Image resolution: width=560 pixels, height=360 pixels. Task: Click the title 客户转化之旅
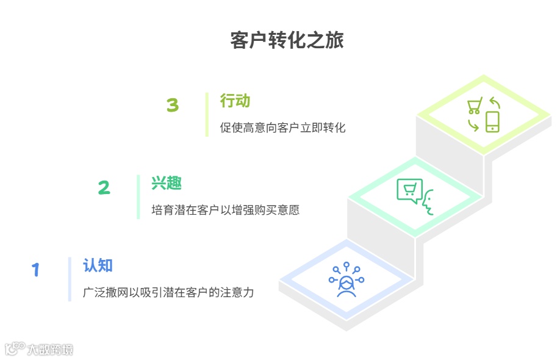(287, 40)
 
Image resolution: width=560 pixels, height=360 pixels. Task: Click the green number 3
(173, 106)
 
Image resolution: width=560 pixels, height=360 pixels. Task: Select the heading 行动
(235, 101)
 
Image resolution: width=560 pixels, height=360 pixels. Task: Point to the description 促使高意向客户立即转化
(282, 128)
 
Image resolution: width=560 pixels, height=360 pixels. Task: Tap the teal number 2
(104, 188)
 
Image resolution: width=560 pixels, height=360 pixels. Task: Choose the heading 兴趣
(167, 183)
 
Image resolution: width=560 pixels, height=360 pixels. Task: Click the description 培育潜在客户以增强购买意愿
(225, 211)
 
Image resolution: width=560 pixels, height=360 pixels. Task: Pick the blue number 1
(35, 270)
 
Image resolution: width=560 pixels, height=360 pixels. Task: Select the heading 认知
(98, 265)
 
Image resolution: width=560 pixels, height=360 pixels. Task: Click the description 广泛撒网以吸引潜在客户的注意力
(168, 293)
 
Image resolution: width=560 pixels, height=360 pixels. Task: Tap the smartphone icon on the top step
(492, 121)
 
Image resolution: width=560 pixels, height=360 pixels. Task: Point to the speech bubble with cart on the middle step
(409, 190)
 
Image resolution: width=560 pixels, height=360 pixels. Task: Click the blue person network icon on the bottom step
(346, 280)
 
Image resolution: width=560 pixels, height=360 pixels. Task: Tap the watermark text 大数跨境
(49, 350)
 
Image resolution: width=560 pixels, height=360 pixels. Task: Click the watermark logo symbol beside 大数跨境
(14, 348)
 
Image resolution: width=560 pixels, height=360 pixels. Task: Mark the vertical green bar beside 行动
(207, 114)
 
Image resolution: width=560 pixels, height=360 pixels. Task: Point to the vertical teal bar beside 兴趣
(138, 196)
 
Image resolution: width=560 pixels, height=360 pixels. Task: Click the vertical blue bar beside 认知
(70, 279)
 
